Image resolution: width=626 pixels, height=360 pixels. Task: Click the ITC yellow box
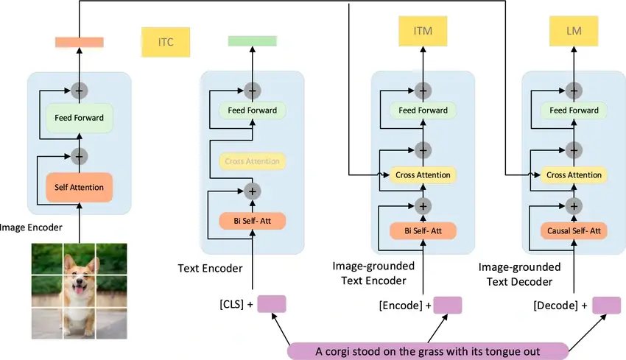tap(166, 42)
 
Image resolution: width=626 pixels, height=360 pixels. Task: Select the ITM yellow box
tap(423, 32)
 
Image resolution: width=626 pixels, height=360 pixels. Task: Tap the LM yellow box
tap(573, 32)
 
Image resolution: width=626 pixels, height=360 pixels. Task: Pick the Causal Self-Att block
tap(573, 231)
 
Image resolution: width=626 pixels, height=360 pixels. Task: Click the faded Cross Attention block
tap(252, 161)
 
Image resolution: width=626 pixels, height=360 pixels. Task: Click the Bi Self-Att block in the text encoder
tap(252, 220)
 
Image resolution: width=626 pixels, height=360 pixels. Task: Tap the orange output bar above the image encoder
tap(78, 42)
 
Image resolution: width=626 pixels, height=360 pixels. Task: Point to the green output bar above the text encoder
tap(252, 42)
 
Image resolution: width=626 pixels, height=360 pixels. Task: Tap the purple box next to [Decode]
tap(606, 305)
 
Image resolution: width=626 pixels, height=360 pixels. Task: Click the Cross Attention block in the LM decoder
tap(573, 175)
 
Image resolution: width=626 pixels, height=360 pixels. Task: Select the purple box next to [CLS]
tap(271, 304)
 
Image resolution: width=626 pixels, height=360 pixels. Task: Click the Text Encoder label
tap(210, 269)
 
